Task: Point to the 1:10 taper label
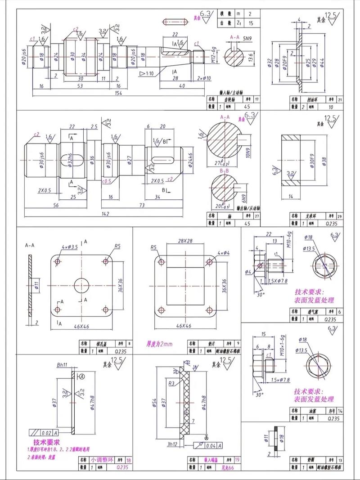148,73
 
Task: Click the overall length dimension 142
105,214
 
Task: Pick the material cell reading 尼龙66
218,467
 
